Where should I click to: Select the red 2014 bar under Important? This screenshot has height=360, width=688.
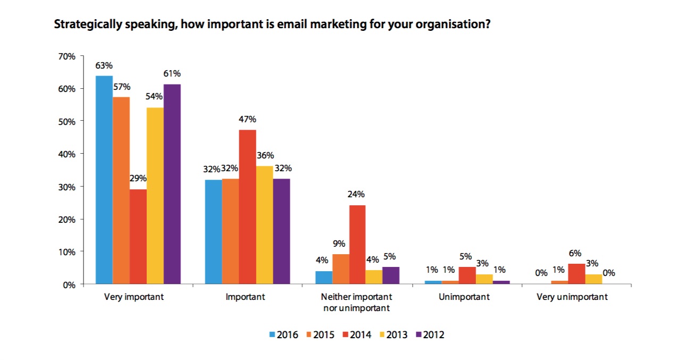coord(247,207)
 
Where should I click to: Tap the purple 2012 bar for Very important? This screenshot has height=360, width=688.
coord(172,184)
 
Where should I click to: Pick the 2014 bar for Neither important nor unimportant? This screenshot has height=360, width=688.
coord(357,245)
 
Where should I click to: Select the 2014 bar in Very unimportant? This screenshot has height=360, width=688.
coord(576,274)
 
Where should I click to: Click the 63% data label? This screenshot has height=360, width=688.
coord(104,66)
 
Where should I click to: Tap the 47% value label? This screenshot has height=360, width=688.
coord(247,120)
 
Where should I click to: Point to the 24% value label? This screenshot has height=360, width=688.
coord(357,194)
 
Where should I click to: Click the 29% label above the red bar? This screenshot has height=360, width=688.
coord(138,178)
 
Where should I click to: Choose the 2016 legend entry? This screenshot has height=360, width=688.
coord(284,334)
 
